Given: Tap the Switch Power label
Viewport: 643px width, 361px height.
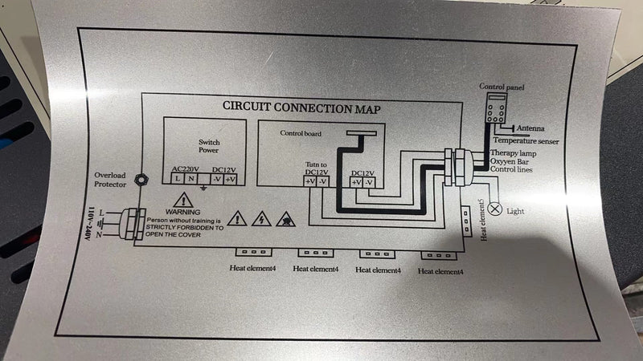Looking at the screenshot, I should (x=209, y=147).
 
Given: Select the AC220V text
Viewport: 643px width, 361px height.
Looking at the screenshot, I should (x=187, y=170).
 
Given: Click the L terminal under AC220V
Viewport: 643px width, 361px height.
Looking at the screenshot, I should (x=177, y=179).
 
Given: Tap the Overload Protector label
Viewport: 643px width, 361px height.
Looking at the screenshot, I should (x=110, y=179).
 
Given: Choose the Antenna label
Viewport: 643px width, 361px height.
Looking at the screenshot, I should (x=530, y=128).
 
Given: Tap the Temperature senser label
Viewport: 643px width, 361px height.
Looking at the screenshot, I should (x=537, y=141).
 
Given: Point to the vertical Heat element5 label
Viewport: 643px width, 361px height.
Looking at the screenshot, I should (x=482, y=220).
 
